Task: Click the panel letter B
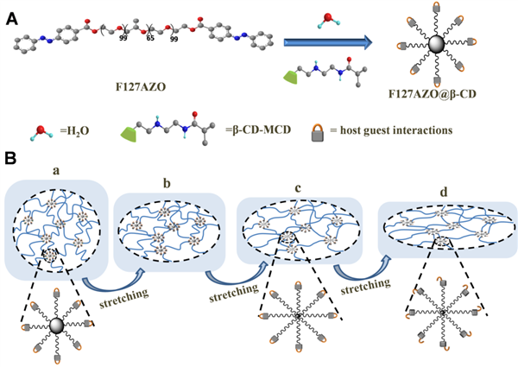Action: pyautogui.click(x=10, y=161)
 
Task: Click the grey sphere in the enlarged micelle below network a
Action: pyautogui.click(x=56, y=325)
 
